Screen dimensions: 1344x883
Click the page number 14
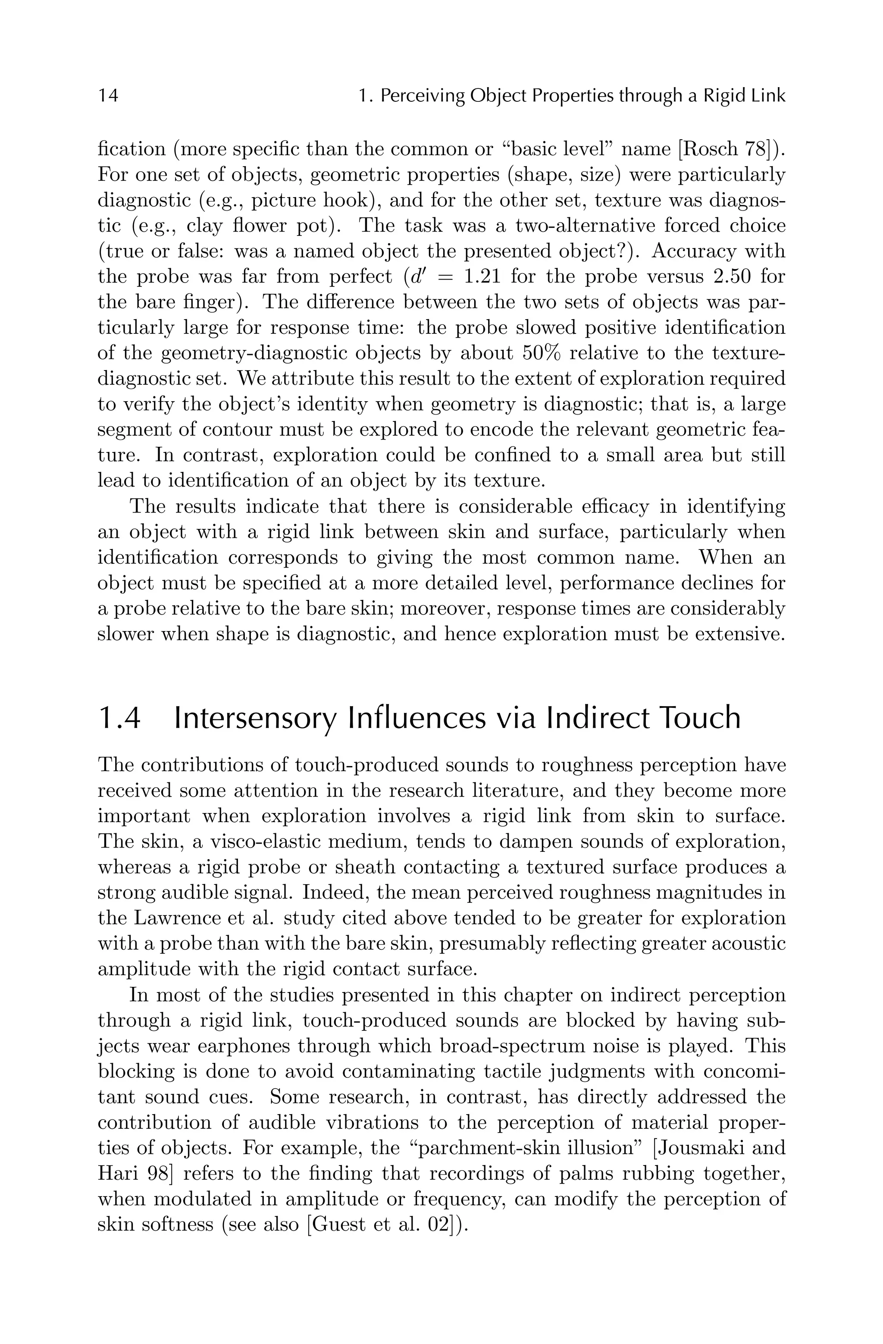(x=108, y=96)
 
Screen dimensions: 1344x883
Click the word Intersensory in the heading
(x=255, y=718)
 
